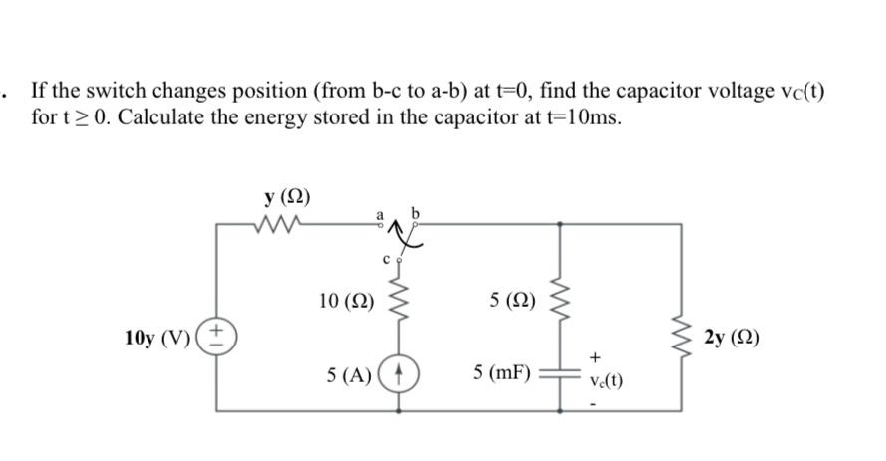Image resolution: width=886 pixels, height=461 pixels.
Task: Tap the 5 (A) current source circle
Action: (x=401, y=375)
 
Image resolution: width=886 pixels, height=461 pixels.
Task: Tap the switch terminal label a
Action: (x=379, y=212)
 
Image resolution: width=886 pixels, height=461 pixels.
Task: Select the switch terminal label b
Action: (x=419, y=212)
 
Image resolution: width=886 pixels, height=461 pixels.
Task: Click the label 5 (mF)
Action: (x=501, y=374)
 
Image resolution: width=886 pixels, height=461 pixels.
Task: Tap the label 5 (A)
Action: (x=349, y=375)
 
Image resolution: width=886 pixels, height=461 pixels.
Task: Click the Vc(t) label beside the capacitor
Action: (x=605, y=380)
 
